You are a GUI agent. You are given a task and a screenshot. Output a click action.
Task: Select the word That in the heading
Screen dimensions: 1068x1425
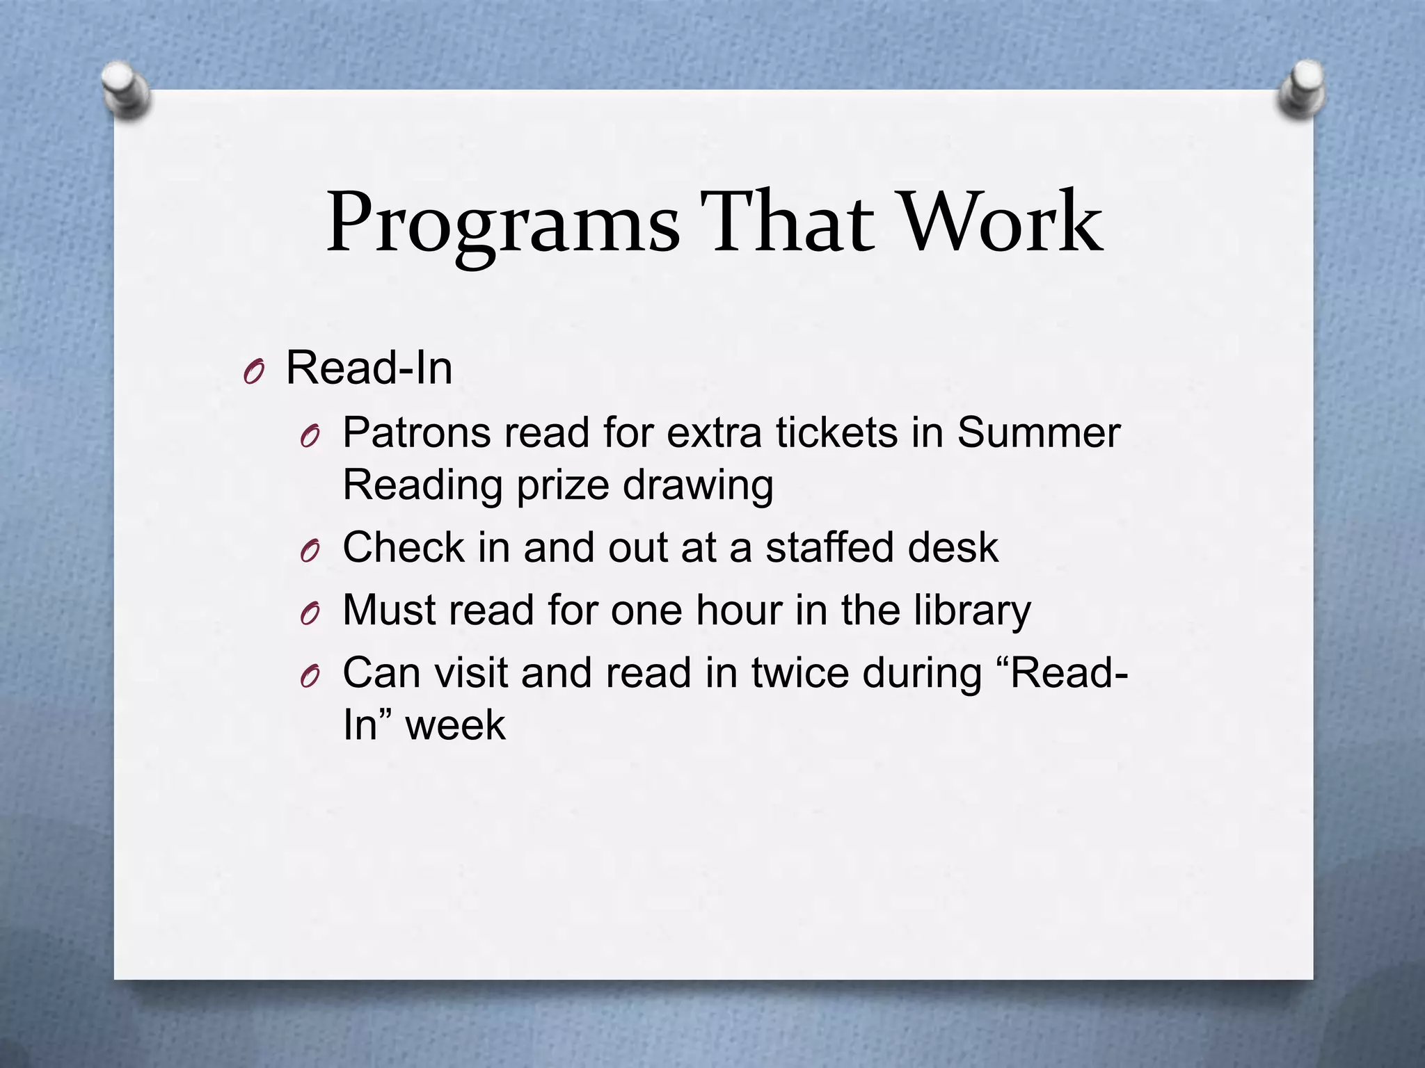click(x=786, y=222)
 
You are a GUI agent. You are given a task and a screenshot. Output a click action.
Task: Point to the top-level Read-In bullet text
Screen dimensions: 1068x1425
click(x=369, y=368)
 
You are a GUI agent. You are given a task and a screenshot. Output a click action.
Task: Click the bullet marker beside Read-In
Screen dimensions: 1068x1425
click(x=254, y=373)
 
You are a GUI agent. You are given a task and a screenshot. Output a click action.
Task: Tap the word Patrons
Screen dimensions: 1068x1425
click(x=417, y=433)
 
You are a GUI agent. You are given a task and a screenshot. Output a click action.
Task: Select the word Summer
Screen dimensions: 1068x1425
click(x=1038, y=433)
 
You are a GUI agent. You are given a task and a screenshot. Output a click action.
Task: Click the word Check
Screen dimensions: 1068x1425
click(x=404, y=547)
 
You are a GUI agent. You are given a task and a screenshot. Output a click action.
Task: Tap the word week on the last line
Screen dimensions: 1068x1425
click(x=455, y=726)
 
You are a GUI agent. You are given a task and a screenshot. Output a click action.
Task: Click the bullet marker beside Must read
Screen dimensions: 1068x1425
click(x=310, y=614)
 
